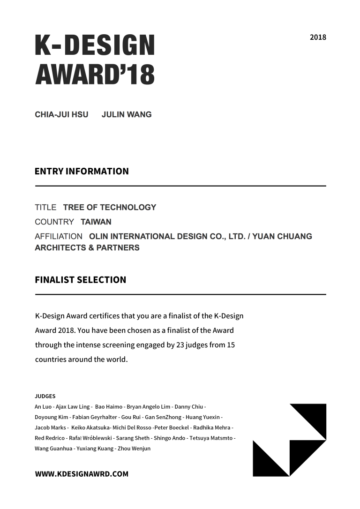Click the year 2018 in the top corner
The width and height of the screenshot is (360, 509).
[x=318, y=37]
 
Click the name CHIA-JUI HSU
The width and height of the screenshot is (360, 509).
[x=61, y=114]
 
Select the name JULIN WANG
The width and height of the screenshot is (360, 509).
[x=127, y=114]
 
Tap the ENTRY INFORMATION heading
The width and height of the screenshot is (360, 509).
[x=82, y=171]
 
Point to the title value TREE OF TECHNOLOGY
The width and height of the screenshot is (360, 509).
[x=110, y=207]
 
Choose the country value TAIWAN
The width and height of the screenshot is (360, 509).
[x=96, y=222]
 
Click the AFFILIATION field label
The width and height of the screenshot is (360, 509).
[x=59, y=236]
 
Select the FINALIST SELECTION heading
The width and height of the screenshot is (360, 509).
[x=80, y=280]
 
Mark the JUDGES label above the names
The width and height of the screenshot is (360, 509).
[x=45, y=396]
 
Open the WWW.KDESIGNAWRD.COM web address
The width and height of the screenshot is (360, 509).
[x=82, y=474]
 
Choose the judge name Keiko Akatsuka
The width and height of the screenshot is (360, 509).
[x=90, y=427]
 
